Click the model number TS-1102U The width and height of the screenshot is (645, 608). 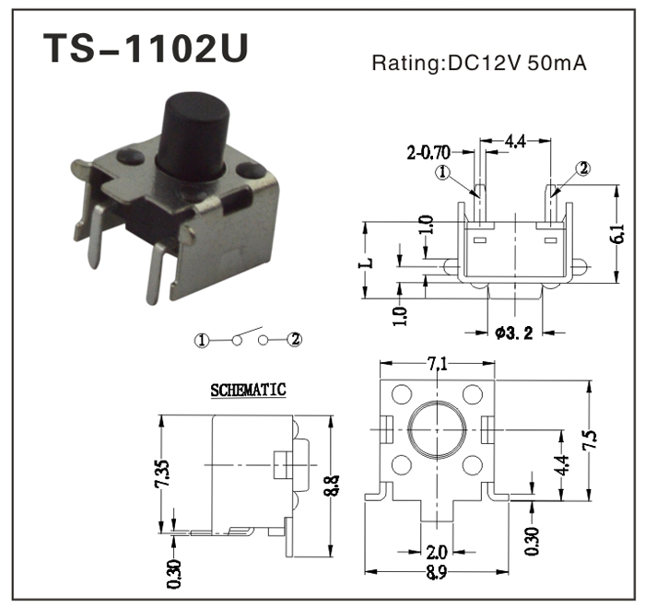[146, 51]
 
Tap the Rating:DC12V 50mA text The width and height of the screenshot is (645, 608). [479, 64]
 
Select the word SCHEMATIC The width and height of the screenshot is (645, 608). [248, 390]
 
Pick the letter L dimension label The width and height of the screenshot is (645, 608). [367, 262]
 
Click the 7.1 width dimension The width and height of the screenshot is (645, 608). [438, 365]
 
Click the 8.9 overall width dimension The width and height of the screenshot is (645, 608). [437, 574]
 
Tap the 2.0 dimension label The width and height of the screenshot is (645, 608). [437, 552]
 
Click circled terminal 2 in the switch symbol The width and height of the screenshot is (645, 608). [295, 340]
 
